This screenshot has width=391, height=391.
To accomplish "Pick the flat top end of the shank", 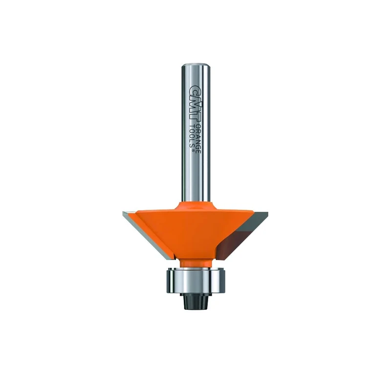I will pyautogui.click(x=195, y=65).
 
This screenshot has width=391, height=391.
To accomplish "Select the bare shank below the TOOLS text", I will pyautogui.click(x=195, y=176).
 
